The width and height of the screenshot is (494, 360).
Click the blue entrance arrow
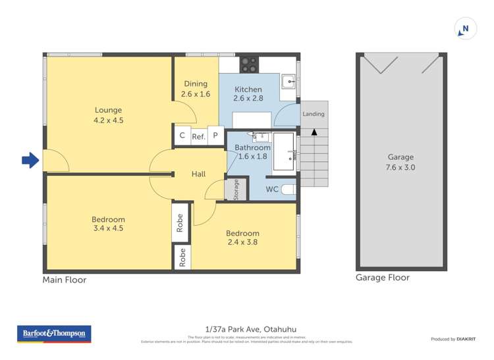[30, 160]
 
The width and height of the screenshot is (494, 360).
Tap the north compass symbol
[464, 29]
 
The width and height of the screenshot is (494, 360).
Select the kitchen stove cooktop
[249, 64]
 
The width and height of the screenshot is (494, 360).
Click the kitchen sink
[288, 82]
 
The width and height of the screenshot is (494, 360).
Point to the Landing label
[314, 114]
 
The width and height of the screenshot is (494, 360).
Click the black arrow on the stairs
[314, 132]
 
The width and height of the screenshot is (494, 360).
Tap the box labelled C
[182, 136]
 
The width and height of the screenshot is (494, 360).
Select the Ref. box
[198, 137]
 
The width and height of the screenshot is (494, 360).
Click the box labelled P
[215, 136]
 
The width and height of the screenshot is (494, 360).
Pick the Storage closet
[236, 189]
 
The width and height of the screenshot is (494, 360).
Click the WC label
[272, 190]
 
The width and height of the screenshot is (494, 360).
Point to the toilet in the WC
[288, 190]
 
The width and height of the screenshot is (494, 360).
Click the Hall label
[198, 174]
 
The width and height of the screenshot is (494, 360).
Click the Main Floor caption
[65, 280]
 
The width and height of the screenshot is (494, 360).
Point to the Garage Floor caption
[383, 278]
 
